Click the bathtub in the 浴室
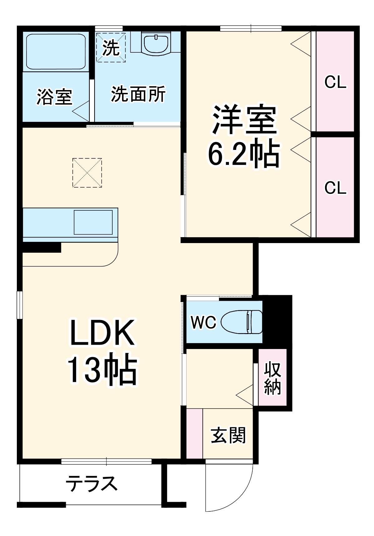56,51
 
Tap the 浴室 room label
55,97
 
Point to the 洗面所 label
138,94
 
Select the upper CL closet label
335,82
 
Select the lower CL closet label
335,188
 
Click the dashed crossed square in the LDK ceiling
87,173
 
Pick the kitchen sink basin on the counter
93,222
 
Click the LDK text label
102,333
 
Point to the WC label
203,322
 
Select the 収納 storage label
273,378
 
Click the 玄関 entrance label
228,435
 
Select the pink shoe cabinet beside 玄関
194,433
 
